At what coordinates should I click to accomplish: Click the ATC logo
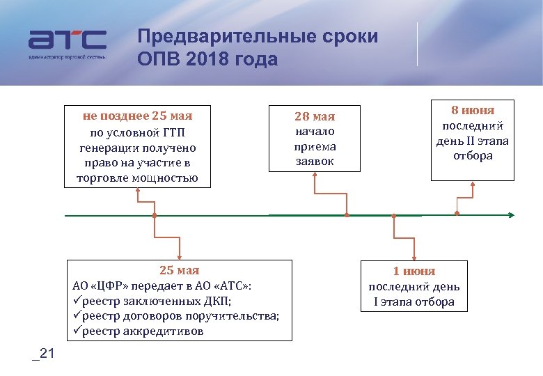pyautogui.click(x=67, y=40)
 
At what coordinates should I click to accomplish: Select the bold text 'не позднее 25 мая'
pyautogui.click(x=137, y=116)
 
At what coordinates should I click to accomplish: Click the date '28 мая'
pyautogui.click(x=315, y=116)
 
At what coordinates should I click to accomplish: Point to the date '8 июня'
pyautogui.click(x=473, y=110)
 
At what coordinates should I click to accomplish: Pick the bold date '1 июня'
pyautogui.click(x=414, y=271)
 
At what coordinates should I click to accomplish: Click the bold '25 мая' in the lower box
pyautogui.click(x=179, y=270)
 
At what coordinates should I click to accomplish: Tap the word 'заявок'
pyautogui.click(x=315, y=162)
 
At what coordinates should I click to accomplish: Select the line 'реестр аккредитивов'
pyautogui.click(x=143, y=331)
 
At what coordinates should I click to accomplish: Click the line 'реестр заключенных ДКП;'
pyautogui.click(x=157, y=301)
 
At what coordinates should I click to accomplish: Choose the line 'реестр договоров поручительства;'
pyautogui.click(x=180, y=315)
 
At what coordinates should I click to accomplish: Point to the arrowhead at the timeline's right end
pyautogui.click(x=512, y=215)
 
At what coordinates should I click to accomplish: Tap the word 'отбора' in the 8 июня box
pyautogui.click(x=473, y=156)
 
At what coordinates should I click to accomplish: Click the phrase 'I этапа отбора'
pyautogui.click(x=414, y=301)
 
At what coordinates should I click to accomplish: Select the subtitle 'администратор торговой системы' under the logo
pyautogui.click(x=68, y=56)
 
